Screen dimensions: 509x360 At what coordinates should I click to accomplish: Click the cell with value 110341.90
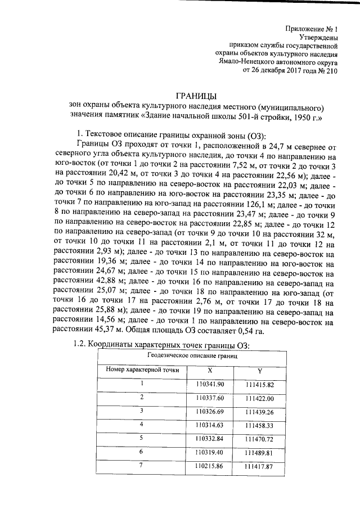210,384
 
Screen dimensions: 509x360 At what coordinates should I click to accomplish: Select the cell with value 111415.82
259,385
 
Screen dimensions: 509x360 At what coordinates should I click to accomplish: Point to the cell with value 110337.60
210,398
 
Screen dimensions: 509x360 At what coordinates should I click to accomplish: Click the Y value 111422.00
259,399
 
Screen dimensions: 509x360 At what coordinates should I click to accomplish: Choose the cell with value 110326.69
210,412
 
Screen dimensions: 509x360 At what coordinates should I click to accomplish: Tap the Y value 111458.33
259,426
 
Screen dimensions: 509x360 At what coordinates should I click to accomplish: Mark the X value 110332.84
210,439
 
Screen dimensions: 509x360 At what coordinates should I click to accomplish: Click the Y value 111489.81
259,453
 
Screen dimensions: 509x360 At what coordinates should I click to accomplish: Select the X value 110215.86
210,466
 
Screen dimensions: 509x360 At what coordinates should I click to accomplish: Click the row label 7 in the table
142,465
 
